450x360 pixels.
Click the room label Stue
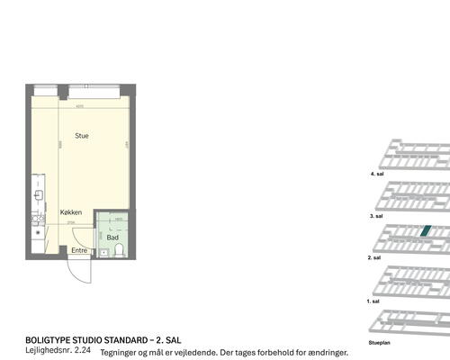pyautogui.click(x=81, y=136)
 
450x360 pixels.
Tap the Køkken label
pyautogui.click(x=71, y=212)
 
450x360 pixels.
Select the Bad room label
pyautogui.click(x=112, y=237)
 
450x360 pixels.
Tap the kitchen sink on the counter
pyautogui.click(x=38, y=194)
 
